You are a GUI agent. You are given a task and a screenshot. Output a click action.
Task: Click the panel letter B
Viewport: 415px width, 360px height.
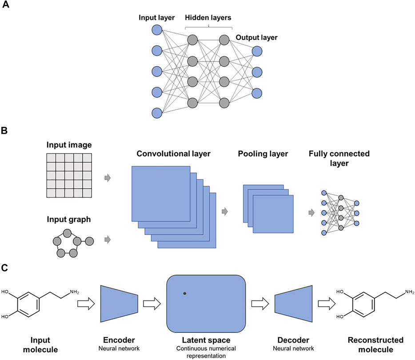(6, 132)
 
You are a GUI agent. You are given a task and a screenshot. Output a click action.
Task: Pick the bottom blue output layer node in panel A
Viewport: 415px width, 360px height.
(256, 92)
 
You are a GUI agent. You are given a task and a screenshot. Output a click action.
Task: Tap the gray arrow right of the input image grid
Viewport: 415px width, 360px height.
(107, 178)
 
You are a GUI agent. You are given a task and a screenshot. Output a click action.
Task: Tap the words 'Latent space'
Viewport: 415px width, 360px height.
(206, 340)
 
